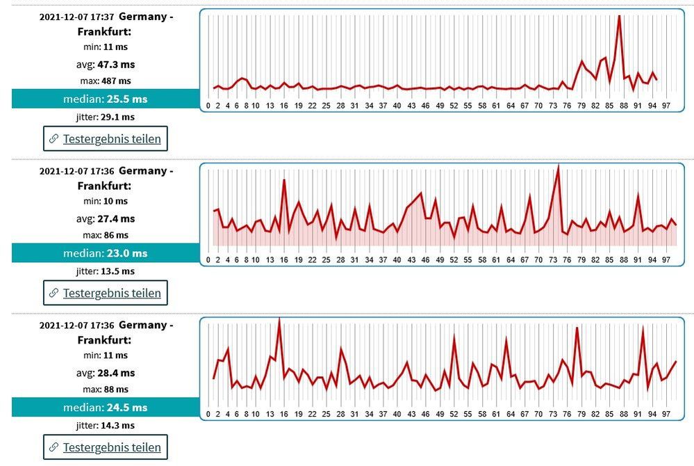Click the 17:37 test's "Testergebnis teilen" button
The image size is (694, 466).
click(106, 138)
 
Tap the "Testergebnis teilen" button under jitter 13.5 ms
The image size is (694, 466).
click(106, 293)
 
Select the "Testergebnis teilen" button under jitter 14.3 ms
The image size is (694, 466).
click(106, 447)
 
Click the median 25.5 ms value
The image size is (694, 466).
click(106, 99)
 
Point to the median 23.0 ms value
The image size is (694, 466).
click(106, 253)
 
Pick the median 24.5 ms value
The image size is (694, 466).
click(106, 408)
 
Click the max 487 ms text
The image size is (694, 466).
click(106, 81)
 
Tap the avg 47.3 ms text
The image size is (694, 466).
click(106, 64)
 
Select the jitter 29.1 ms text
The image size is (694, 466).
click(106, 117)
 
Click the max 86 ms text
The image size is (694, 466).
click(106, 235)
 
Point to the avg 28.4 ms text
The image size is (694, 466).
click(106, 373)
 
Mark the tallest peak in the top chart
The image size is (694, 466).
click(618, 17)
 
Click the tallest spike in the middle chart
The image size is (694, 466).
click(558, 166)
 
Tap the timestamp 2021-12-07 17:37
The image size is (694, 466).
click(76, 17)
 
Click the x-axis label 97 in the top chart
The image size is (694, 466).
click(666, 106)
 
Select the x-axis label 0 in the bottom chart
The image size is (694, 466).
click(208, 415)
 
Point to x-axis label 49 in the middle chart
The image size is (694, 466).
click(440, 260)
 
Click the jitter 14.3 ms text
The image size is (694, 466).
click(106, 426)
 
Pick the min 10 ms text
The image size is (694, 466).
click(106, 201)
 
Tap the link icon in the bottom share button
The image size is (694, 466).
click(53, 447)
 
